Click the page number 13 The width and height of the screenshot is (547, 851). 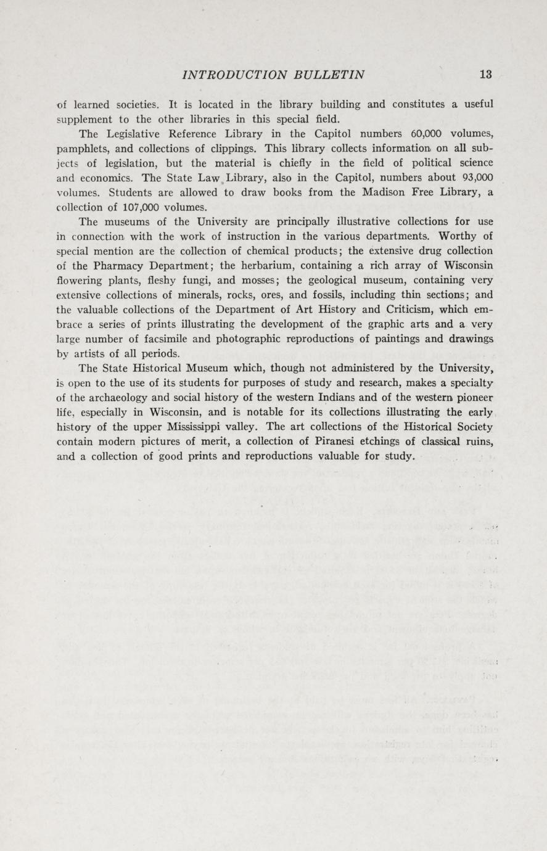485,75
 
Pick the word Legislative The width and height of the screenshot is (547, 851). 136,134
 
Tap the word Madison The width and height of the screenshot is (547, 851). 371,193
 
